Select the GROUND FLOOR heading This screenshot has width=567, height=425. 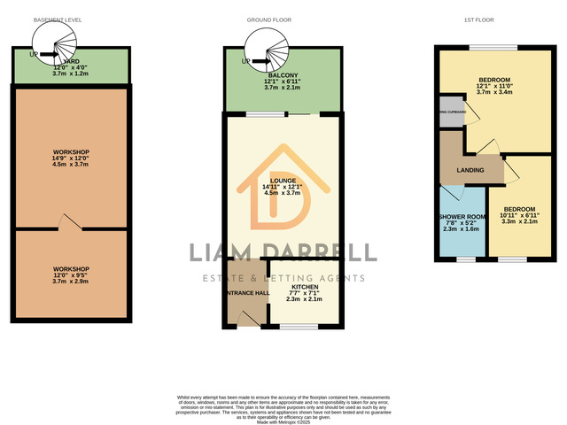pyautogui.click(x=283, y=19)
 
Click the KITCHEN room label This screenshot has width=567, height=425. pyautogui.click(x=304, y=287)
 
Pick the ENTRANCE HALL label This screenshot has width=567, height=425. pyautogui.click(x=247, y=293)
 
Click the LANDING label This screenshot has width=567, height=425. pyautogui.click(x=470, y=170)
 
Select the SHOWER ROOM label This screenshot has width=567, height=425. pyautogui.click(x=461, y=217)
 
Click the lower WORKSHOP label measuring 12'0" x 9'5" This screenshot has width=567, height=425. pyautogui.click(x=70, y=268)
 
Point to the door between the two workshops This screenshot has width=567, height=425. pyautogui.click(x=63, y=223)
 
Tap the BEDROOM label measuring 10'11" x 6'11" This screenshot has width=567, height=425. pyautogui.click(x=520, y=209)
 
